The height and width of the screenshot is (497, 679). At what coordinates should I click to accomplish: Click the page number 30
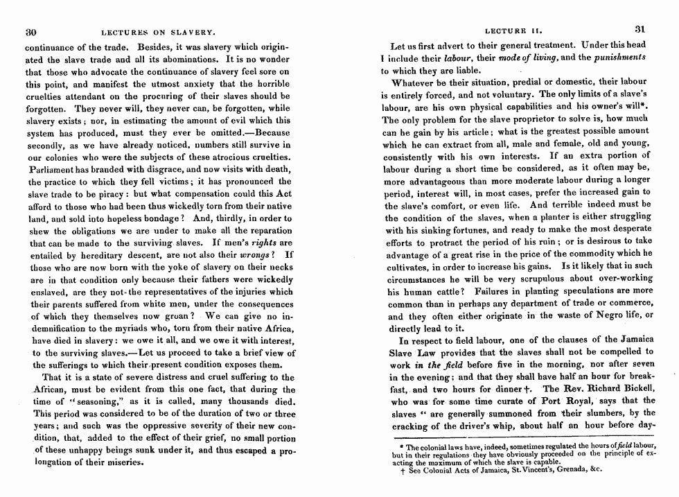(30, 31)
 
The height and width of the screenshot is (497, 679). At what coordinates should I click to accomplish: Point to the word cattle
(442, 292)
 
